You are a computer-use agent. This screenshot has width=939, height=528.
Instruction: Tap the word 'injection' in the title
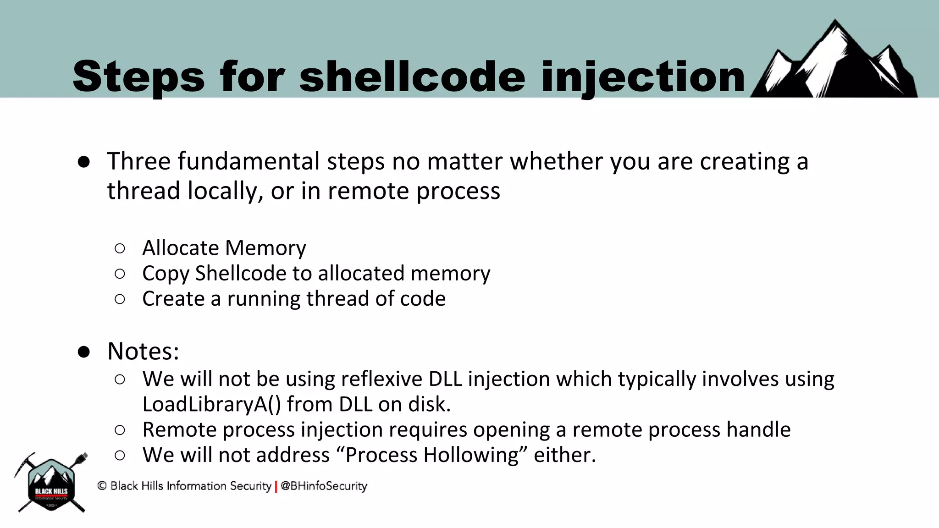[x=643, y=77]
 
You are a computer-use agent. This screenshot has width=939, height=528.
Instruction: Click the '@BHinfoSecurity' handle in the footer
[x=324, y=486]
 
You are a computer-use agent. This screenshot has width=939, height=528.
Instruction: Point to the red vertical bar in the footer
[x=276, y=487]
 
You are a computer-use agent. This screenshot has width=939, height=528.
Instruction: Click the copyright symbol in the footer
[x=102, y=486]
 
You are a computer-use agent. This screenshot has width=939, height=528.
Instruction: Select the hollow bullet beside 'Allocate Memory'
[x=120, y=248]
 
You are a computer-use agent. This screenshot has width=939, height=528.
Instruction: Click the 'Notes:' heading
[x=143, y=351]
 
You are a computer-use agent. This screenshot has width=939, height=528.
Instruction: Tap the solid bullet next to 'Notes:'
[x=83, y=352]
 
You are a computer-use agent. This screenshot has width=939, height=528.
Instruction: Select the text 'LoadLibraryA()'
[x=211, y=404]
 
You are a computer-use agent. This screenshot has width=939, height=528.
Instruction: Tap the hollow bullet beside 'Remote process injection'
[x=120, y=430]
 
